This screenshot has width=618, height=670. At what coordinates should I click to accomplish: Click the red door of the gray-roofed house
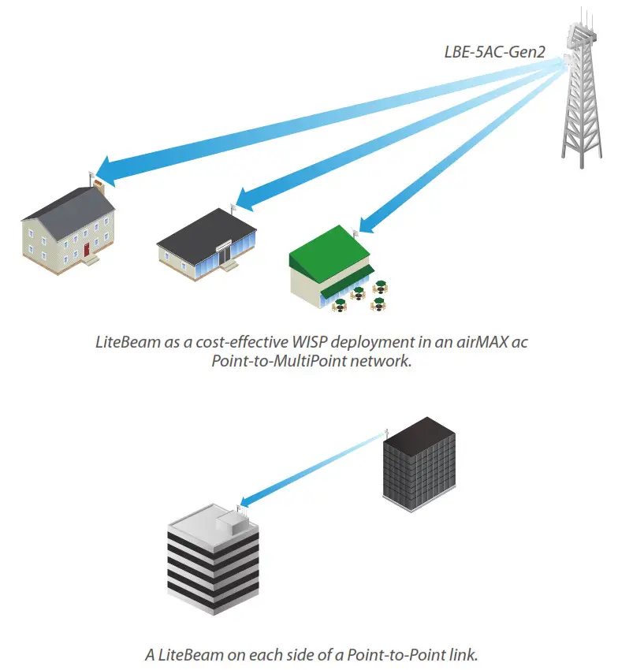point(87,250)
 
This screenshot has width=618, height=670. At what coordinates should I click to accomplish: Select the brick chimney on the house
point(99,188)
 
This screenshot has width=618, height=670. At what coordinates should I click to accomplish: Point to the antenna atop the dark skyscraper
point(387,432)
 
